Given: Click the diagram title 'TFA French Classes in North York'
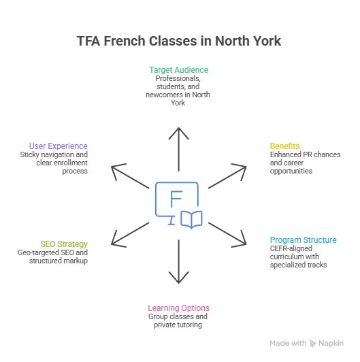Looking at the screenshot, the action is pyautogui.click(x=179, y=41).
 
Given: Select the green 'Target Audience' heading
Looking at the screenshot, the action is pyautogui.click(x=179, y=70).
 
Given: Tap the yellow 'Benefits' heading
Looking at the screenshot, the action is pyautogui.click(x=284, y=146).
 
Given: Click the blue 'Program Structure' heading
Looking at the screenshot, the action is pyautogui.click(x=304, y=240).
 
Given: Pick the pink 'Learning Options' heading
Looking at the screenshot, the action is pyautogui.click(x=179, y=308).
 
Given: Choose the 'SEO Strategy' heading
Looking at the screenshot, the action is pyautogui.click(x=64, y=244).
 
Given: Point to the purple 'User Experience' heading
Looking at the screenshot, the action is pyautogui.click(x=59, y=146).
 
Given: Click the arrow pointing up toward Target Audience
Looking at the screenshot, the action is pyautogui.click(x=179, y=149).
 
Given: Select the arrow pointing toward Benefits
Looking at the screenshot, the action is pyautogui.click(x=227, y=176).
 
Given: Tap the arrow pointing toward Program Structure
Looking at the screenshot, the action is pyautogui.click(x=227, y=235).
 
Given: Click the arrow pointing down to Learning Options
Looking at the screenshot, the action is pyautogui.click(x=179, y=261).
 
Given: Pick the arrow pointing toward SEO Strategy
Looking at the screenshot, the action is pyautogui.click(x=130, y=235).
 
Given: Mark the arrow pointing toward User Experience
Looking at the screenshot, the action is pyautogui.click(x=130, y=176).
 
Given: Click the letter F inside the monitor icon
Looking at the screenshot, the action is pyautogui.click(x=176, y=199).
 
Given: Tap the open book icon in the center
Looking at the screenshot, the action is pyautogui.click(x=191, y=219).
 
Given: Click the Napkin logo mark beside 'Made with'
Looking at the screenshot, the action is pyautogui.click(x=312, y=344).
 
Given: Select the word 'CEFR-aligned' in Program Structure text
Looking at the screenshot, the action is pyautogui.click(x=291, y=248).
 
